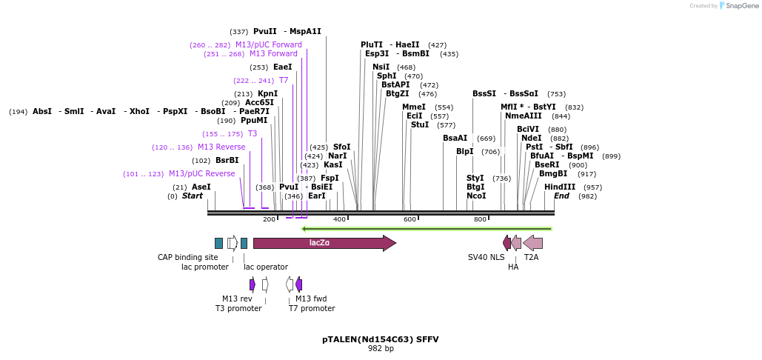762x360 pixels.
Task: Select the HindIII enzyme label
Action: click(559, 187)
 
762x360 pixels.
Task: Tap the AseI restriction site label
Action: click(201, 187)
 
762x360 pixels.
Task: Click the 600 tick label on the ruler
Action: click(410, 219)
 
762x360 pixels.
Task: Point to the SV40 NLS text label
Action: click(487, 257)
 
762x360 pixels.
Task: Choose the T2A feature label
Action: click(531, 257)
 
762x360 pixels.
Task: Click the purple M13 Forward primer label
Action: click(273, 53)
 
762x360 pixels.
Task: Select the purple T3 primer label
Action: click(253, 133)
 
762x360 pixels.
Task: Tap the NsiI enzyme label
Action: click(381, 67)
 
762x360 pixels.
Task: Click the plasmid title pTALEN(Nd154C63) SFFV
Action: click(381, 339)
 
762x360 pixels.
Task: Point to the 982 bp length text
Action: click(381, 348)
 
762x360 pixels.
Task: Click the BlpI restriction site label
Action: click(464, 151)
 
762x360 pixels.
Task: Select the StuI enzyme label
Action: click(420, 124)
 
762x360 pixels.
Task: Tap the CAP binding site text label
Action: click(188, 257)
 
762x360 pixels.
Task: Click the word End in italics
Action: click(561, 196)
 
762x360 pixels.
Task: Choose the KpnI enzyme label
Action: click(267, 93)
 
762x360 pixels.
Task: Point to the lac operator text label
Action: click(266, 267)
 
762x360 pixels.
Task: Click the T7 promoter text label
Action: click(312, 308)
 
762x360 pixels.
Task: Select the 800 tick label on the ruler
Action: click(480, 219)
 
